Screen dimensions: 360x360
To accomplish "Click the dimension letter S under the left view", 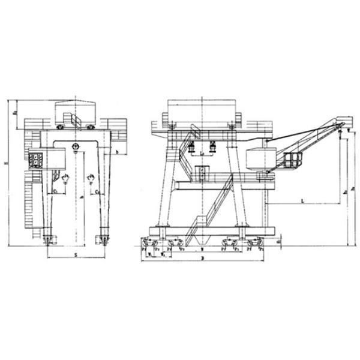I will click(76, 255).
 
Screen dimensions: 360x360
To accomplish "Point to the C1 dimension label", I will click(55, 191).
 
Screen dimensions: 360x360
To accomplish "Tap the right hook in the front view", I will click(91, 178).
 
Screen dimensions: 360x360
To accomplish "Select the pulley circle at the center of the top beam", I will click(75, 147).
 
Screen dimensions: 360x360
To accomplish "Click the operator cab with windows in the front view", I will click(37, 160).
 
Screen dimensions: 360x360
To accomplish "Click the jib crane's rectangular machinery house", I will click(261, 159).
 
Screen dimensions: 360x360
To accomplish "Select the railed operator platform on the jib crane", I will click(292, 160).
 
